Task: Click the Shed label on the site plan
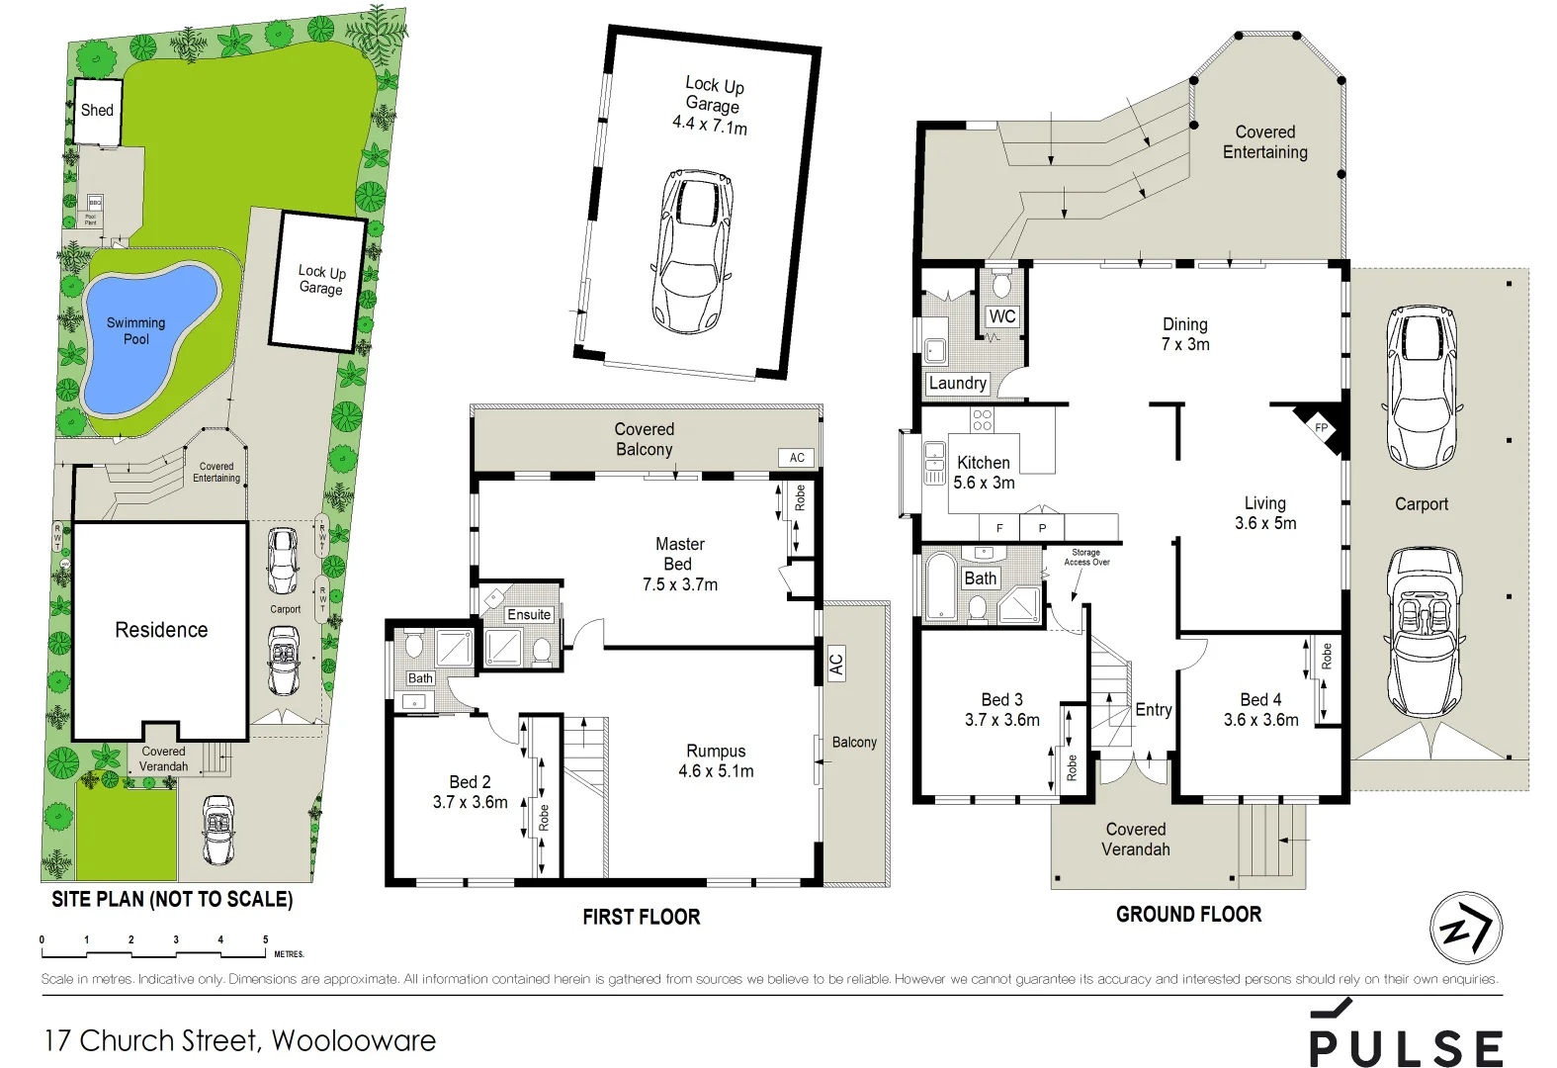point(97,110)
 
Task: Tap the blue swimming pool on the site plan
point(148,336)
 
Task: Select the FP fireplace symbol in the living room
point(1322,427)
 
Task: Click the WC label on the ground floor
point(1001,316)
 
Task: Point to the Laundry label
point(957,383)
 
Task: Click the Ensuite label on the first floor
point(529,614)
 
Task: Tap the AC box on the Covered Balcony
point(797,457)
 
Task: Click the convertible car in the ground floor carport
point(1424,633)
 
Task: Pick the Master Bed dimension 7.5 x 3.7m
point(680,584)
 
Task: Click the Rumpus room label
point(716,751)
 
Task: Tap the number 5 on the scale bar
point(265,939)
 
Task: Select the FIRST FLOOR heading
point(641,917)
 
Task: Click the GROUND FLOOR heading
point(1188,914)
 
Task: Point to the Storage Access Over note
point(1085,557)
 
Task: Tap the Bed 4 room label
point(1260,699)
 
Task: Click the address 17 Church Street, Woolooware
point(240,1040)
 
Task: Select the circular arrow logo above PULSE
point(1465,928)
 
